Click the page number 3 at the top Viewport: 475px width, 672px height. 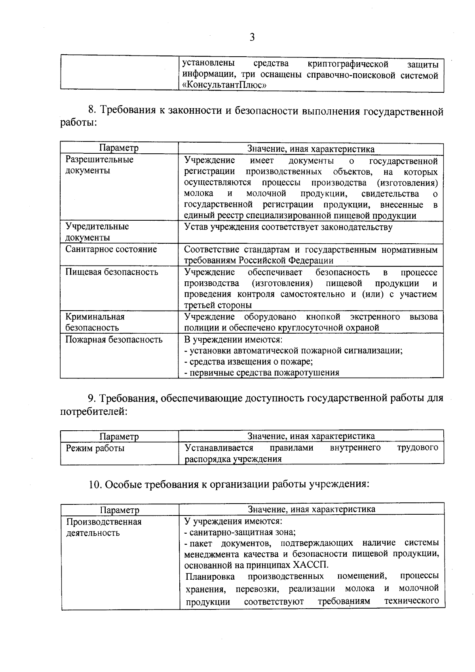coord(252,38)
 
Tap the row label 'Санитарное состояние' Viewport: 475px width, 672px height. coord(111,249)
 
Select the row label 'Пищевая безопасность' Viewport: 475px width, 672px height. coord(112,272)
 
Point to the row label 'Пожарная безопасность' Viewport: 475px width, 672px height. coord(114,340)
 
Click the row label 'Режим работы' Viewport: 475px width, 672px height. coord(95,448)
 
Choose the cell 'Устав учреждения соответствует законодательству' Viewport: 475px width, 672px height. coord(288,227)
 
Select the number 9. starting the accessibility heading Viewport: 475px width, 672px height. coord(92,398)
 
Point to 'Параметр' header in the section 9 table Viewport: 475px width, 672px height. coord(119,437)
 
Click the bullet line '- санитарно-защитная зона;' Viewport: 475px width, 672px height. coord(240,532)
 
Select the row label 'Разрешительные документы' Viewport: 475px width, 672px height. coord(99,165)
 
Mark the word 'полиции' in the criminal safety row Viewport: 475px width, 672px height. coord(198,328)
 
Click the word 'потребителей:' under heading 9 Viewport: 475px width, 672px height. coord(94,412)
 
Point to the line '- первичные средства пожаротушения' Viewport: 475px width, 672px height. coord(262,372)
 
